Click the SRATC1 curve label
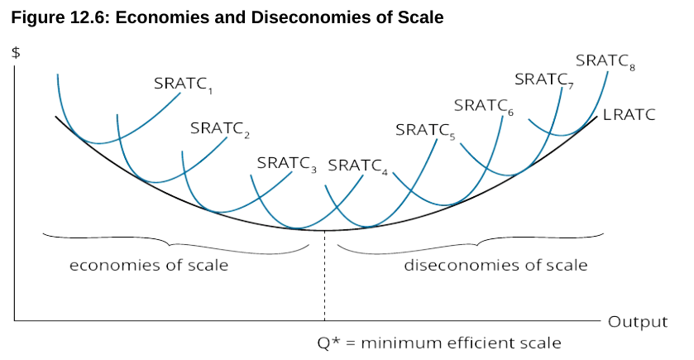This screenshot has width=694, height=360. pyautogui.click(x=183, y=84)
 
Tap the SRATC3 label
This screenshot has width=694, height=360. pyautogui.click(x=286, y=163)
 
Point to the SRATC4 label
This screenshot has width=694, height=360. pyautogui.click(x=357, y=165)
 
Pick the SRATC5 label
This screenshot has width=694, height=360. pyautogui.click(x=425, y=130)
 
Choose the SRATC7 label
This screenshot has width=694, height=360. pyautogui.click(x=543, y=79)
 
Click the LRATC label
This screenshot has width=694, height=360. pyautogui.click(x=629, y=115)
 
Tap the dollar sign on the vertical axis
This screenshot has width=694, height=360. pyautogui.click(x=16, y=53)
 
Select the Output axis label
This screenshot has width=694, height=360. pyautogui.click(x=638, y=321)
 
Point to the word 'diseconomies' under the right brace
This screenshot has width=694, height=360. pyautogui.click(x=453, y=266)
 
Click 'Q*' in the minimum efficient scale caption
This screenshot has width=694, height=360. pyautogui.click(x=328, y=343)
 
